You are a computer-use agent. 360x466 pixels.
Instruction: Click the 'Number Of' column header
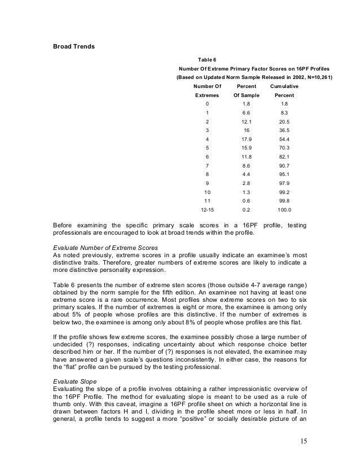[x=208, y=86]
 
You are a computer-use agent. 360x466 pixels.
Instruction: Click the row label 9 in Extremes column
[x=208, y=183]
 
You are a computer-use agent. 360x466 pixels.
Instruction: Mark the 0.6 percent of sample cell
[x=245, y=200]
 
